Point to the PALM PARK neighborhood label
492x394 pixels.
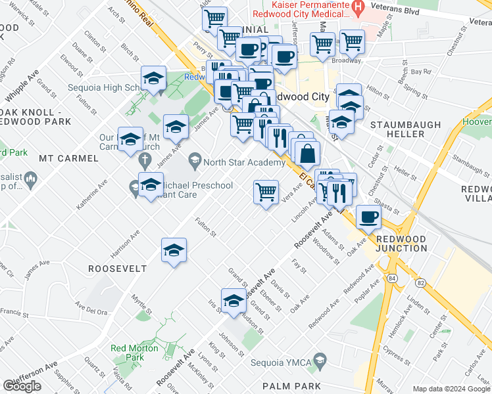291,386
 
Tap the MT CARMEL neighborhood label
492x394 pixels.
69,158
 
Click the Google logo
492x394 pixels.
22,386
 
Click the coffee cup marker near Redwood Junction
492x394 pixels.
368,217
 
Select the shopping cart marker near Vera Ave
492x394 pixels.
266,192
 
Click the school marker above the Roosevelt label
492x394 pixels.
174,250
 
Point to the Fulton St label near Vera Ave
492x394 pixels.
206,227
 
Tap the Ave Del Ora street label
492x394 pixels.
91,310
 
